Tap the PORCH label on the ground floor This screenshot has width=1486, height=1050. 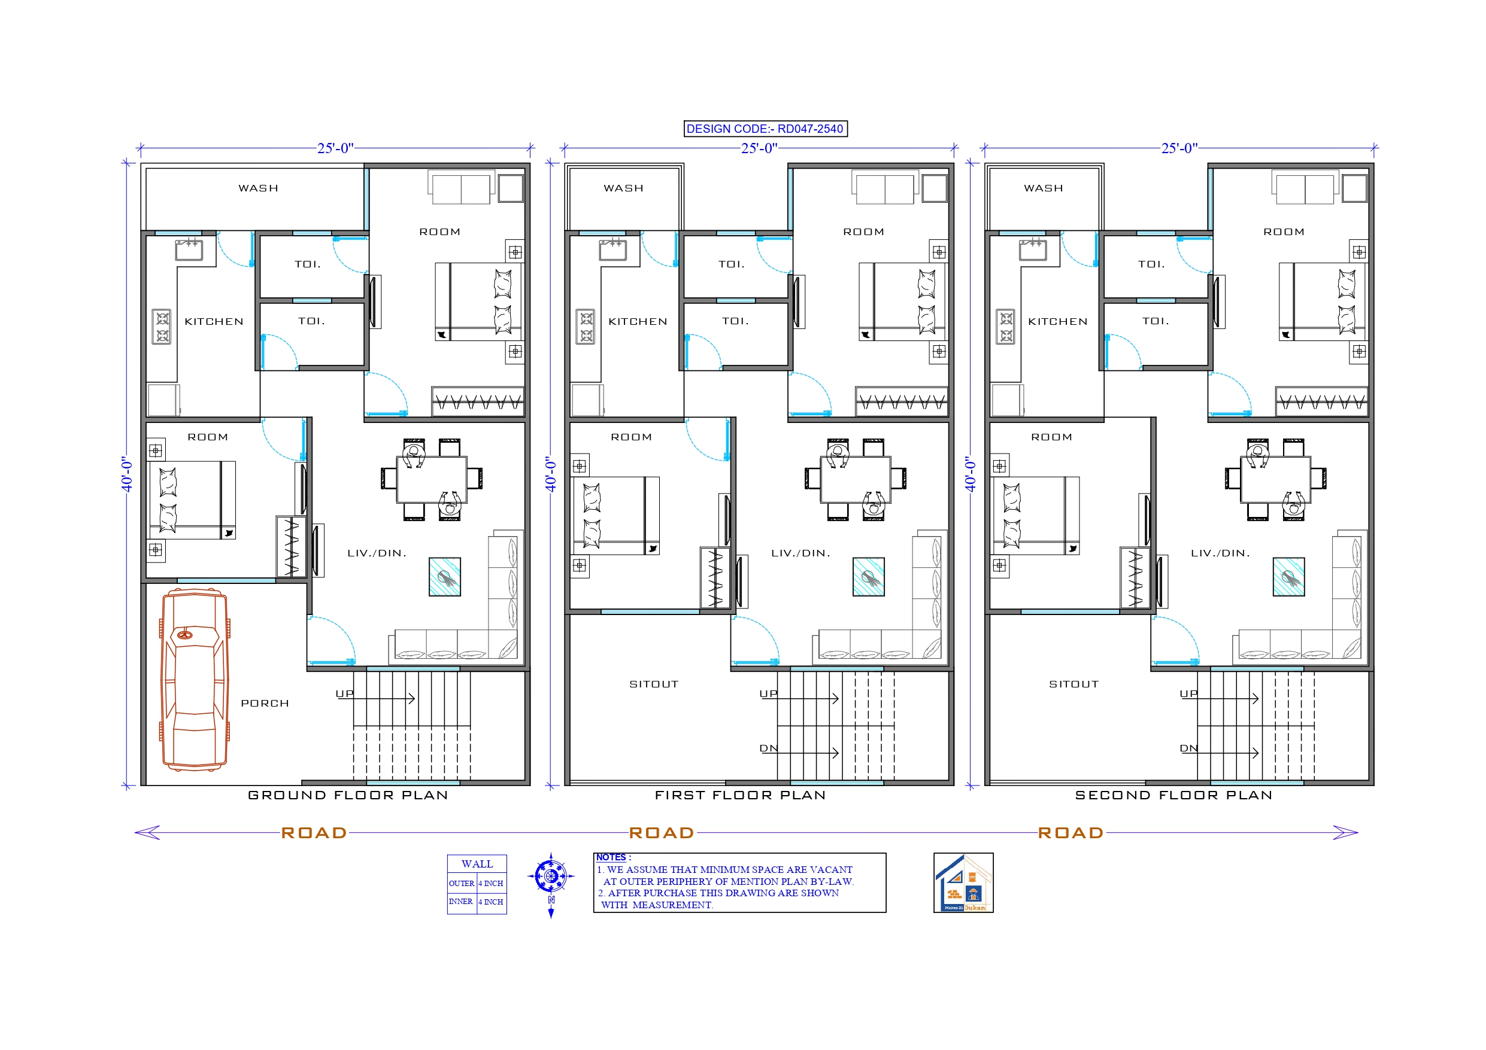(x=265, y=703)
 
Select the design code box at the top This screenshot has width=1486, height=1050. (x=765, y=129)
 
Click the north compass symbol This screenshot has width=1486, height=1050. (x=551, y=878)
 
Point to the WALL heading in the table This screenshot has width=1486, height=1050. (x=477, y=865)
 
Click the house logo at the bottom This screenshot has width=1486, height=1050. (x=963, y=883)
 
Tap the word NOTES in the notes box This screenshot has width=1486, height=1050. (x=611, y=858)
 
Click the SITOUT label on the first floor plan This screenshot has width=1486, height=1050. (x=654, y=684)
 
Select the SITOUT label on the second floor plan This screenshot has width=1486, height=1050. (x=1073, y=684)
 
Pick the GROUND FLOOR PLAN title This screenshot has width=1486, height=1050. (x=348, y=795)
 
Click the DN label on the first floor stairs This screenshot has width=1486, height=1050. (x=768, y=748)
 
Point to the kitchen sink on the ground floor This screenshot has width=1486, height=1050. (x=189, y=249)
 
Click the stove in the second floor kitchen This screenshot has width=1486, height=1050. (x=1005, y=327)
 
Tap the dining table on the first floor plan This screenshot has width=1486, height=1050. (x=855, y=479)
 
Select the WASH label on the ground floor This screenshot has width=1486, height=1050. (x=258, y=188)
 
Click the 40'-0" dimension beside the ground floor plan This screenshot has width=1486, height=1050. (x=128, y=475)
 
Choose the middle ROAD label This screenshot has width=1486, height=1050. (x=662, y=833)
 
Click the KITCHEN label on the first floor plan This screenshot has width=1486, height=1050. (x=638, y=321)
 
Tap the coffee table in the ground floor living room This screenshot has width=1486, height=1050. (x=445, y=576)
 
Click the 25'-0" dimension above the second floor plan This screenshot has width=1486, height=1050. (x=1179, y=148)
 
